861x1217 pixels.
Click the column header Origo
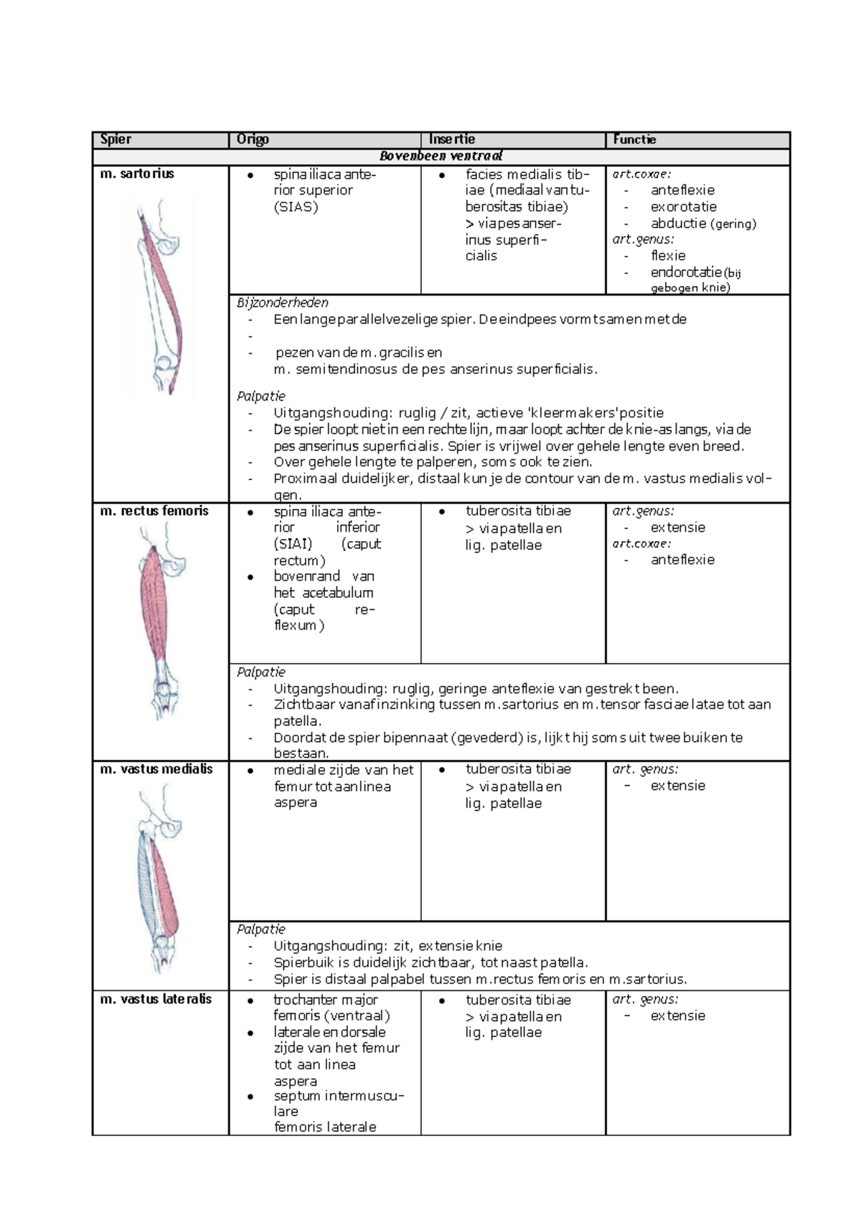[x=253, y=139]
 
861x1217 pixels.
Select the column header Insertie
[x=452, y=139]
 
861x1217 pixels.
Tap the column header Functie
[x=634, y=139]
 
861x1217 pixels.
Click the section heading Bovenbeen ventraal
[x=441, y=156]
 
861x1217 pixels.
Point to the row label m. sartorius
[x=137, y=174]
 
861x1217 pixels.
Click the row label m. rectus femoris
[x=154, y=511]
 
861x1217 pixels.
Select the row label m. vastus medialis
[x=156, y=769]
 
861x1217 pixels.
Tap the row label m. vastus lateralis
[x=156, y=999]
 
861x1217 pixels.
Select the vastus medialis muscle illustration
[x=159, y=879]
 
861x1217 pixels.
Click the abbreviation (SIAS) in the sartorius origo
[x=296, y=207]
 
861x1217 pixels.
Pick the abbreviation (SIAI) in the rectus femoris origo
[x=293, y=544]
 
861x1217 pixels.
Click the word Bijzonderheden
[x=283, y=303]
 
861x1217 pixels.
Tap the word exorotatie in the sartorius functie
[x=683, y=207]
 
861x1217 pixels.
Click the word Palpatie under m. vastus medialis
[x=261, y=929]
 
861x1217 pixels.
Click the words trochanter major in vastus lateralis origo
[x=325, y=1000]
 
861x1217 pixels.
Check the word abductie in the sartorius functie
[x=678, y=223]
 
